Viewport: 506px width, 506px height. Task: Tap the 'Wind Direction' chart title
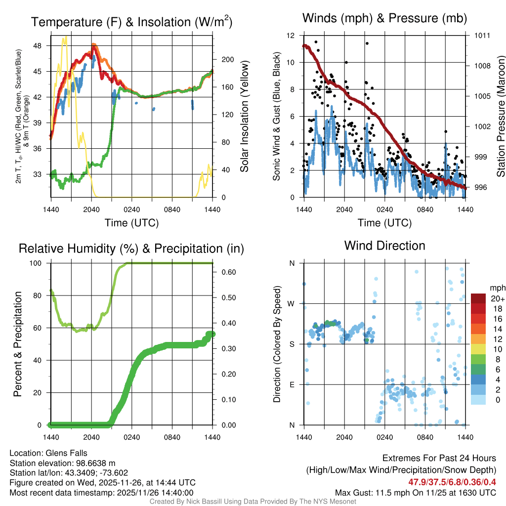tap(384, 246)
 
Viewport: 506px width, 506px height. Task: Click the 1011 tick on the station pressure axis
tap(482, 36)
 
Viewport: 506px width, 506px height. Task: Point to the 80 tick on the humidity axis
tap(41, 295)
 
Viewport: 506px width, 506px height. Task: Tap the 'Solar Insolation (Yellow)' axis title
tap(245, 117)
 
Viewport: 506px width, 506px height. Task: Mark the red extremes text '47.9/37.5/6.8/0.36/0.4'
tap(452, 482)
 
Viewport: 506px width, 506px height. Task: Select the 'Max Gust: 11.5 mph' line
tap(415, 493)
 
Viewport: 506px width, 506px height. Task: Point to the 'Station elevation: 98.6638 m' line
tap(62, 463)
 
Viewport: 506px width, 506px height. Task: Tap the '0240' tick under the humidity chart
tap(131, 437)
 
